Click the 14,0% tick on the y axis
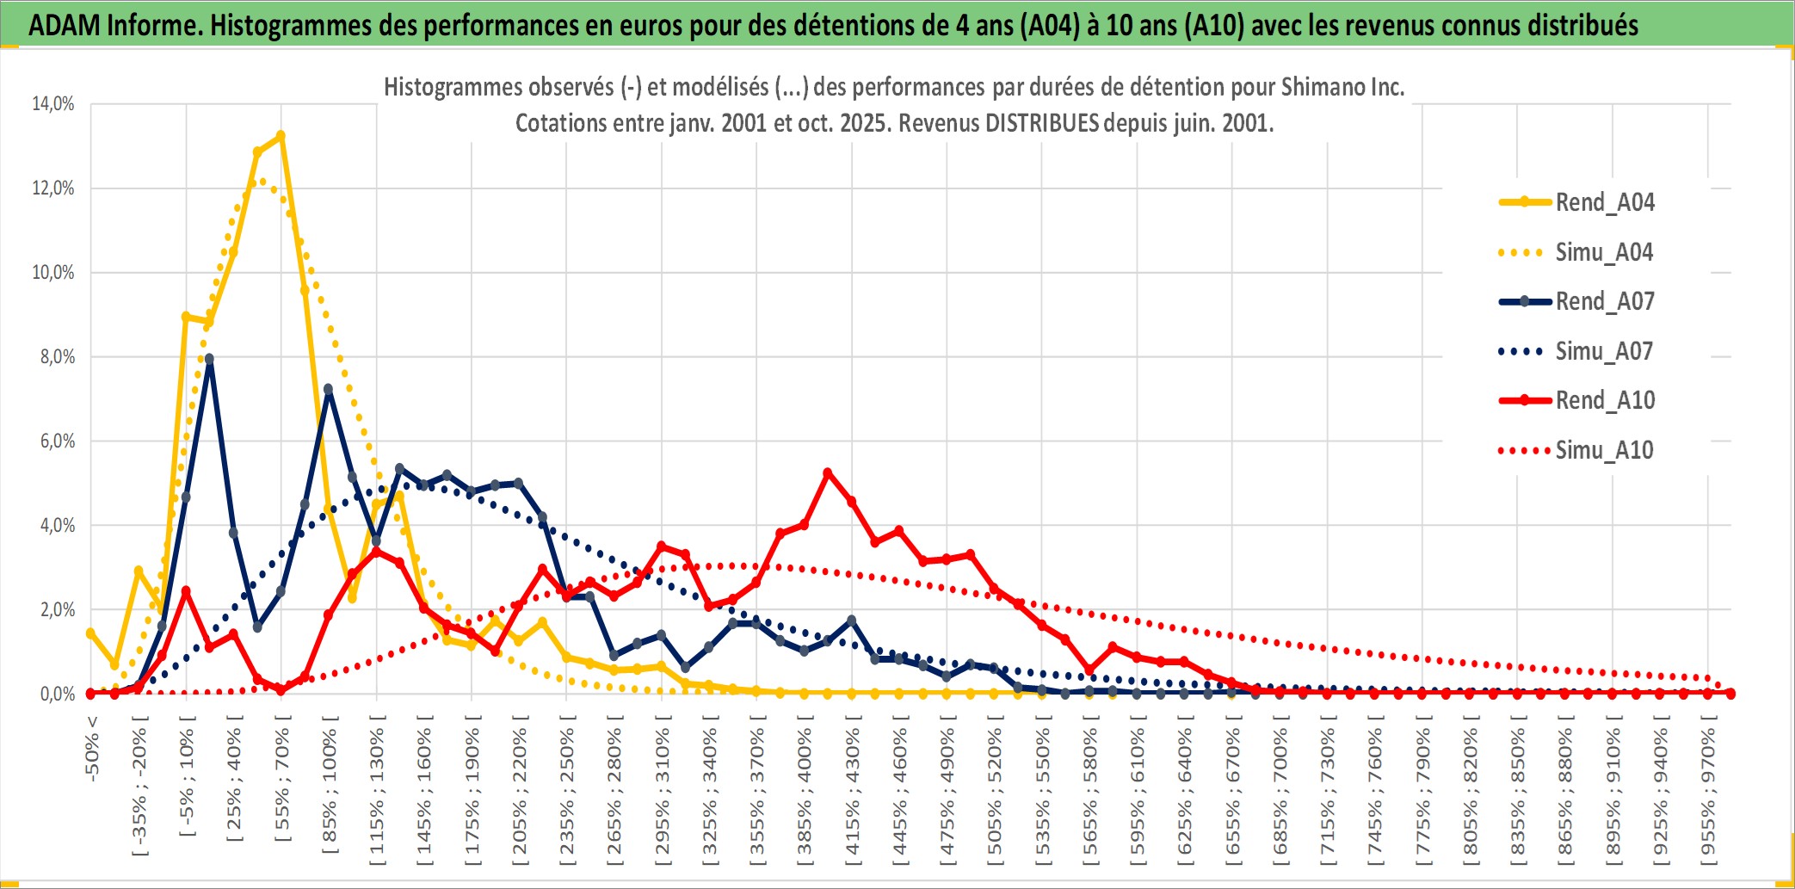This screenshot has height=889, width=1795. pos(53,104)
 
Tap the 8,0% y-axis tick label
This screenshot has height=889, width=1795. pos(57,357)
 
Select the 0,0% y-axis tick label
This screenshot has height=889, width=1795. pos(57,695)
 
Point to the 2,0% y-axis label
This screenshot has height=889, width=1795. pos(57,610)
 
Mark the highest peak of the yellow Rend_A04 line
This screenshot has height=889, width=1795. pos(281,135)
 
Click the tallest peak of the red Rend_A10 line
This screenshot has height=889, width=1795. pos(828,472)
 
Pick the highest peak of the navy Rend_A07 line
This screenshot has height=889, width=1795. pos(209,359)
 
